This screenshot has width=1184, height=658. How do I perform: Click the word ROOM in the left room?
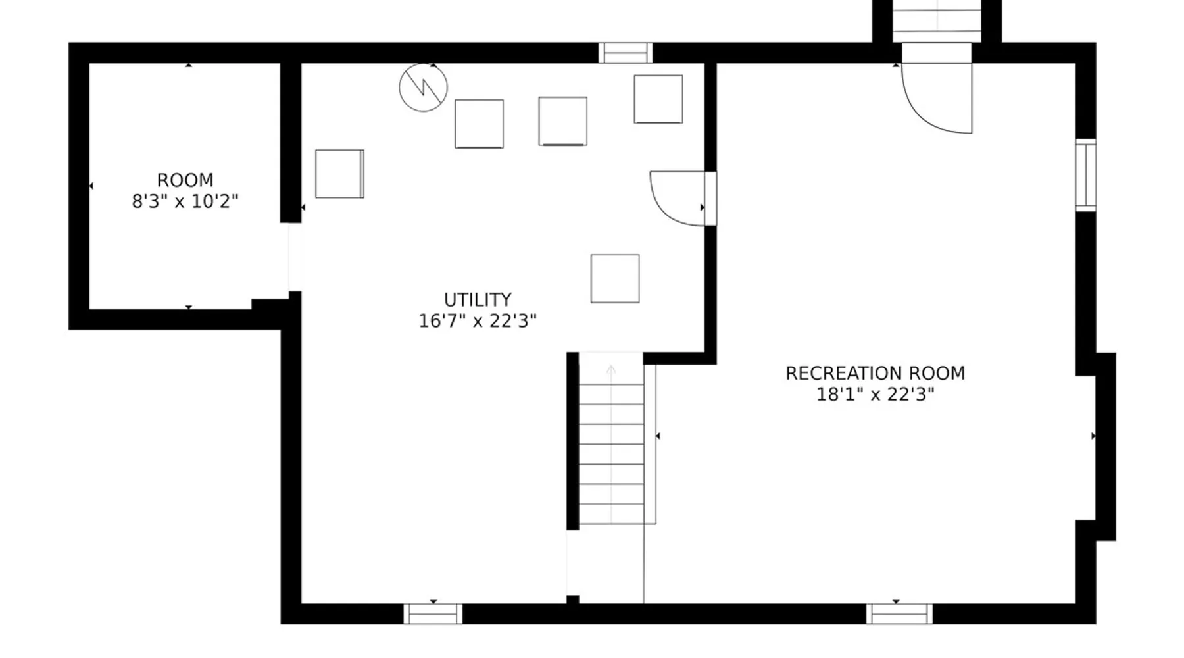point(185,180)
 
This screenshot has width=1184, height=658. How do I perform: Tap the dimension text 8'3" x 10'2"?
point(185,201)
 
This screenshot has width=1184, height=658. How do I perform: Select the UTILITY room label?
point(478,300)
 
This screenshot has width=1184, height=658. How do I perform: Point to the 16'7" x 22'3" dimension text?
point(478,321)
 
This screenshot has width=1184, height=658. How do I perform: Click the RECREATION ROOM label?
point(875,374)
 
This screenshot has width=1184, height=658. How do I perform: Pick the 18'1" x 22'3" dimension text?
point(875,395)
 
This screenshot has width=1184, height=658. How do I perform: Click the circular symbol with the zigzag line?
point(423,88)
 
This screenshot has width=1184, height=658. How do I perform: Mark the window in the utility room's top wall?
point(626,53)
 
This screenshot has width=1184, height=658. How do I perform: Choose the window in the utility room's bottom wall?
point(433,614)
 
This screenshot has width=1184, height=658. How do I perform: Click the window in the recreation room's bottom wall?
point(899,614)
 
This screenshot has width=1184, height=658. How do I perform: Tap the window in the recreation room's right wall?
point(1086,175)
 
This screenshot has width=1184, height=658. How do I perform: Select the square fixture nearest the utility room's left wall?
point(339,174)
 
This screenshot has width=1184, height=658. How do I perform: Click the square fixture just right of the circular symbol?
point(479,124)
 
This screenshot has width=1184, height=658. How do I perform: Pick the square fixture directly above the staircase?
point(615,279)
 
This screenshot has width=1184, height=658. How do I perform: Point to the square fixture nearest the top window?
point(658,99)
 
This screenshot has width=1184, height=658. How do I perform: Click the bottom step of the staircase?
point(611,514)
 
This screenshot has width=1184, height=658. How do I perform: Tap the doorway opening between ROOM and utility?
point(295,257)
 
